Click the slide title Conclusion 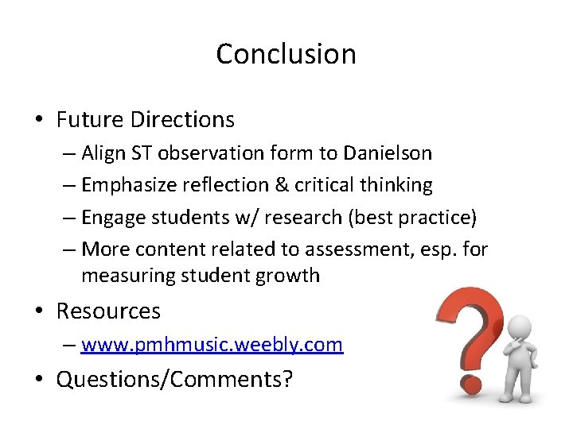coord(286,54)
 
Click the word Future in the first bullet coord(90,120)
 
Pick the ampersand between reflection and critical coord(281,185)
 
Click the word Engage coord(112,217)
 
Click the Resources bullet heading coord(107,311)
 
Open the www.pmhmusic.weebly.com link coord(212,345)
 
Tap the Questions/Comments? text coord(173,379)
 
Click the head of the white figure coord(519,327)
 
